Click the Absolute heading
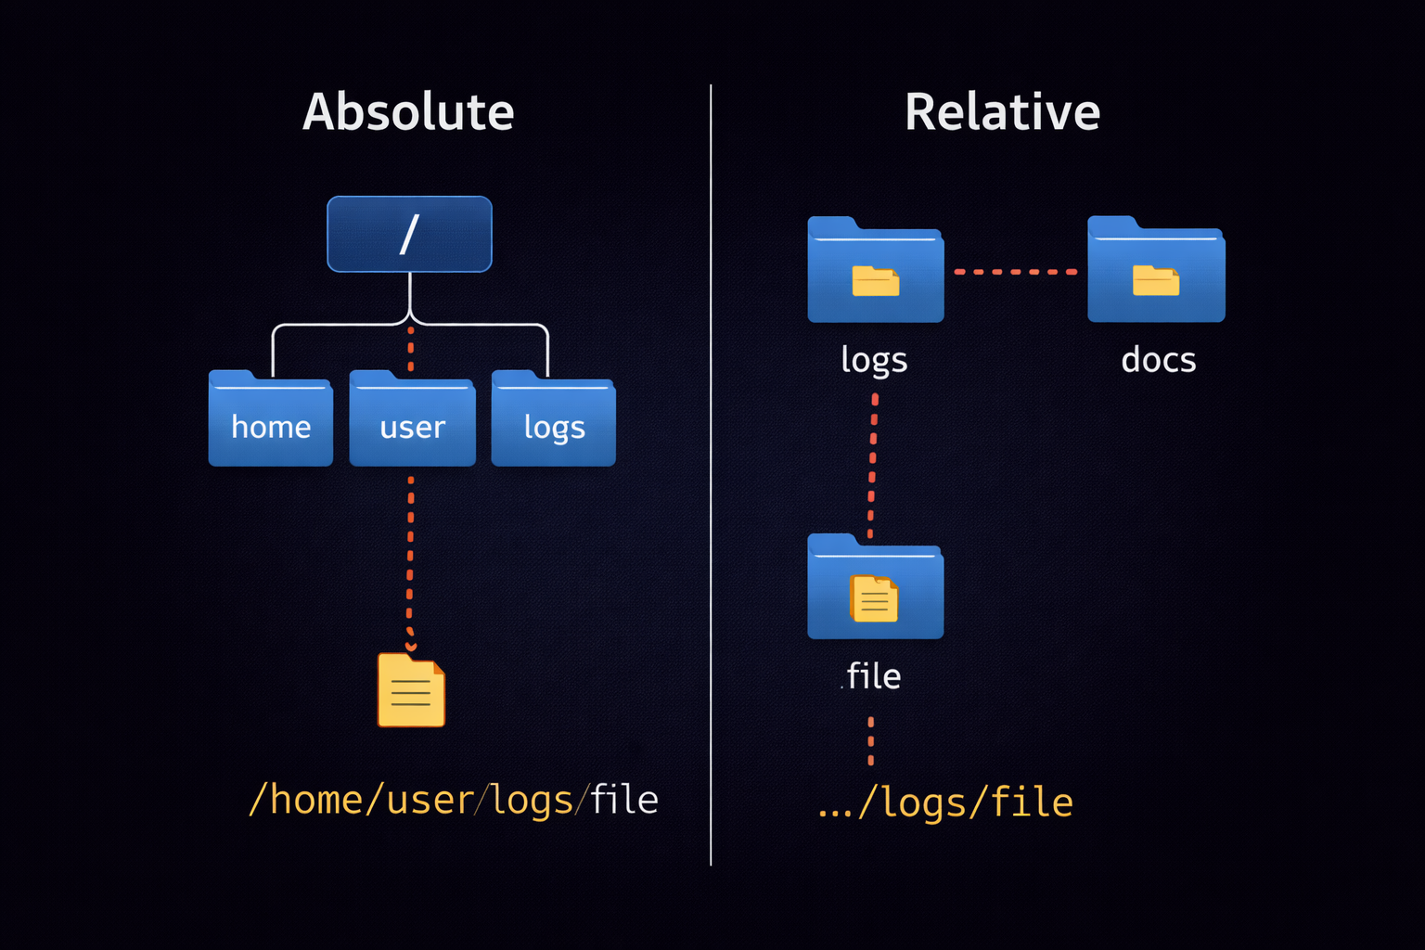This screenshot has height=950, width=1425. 408,112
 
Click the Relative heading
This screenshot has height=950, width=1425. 1002,112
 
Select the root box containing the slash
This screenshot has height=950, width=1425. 409,234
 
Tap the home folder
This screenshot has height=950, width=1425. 270,420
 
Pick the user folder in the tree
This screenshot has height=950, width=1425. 412,420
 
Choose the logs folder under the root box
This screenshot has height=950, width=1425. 553,420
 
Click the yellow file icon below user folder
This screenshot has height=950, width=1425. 411,690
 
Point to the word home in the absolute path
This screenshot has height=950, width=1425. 315,800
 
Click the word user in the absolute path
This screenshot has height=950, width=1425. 430,800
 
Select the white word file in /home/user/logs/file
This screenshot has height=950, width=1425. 624,800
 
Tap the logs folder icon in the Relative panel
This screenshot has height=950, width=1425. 875,271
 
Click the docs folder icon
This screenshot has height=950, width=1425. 1156,271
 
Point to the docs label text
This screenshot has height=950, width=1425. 1158,360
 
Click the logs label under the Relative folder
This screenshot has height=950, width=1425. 873,360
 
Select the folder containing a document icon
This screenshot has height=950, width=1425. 875,587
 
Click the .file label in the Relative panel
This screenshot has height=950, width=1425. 872,676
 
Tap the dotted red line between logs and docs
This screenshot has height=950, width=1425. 1016,272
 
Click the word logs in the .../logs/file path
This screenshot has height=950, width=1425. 923,802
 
